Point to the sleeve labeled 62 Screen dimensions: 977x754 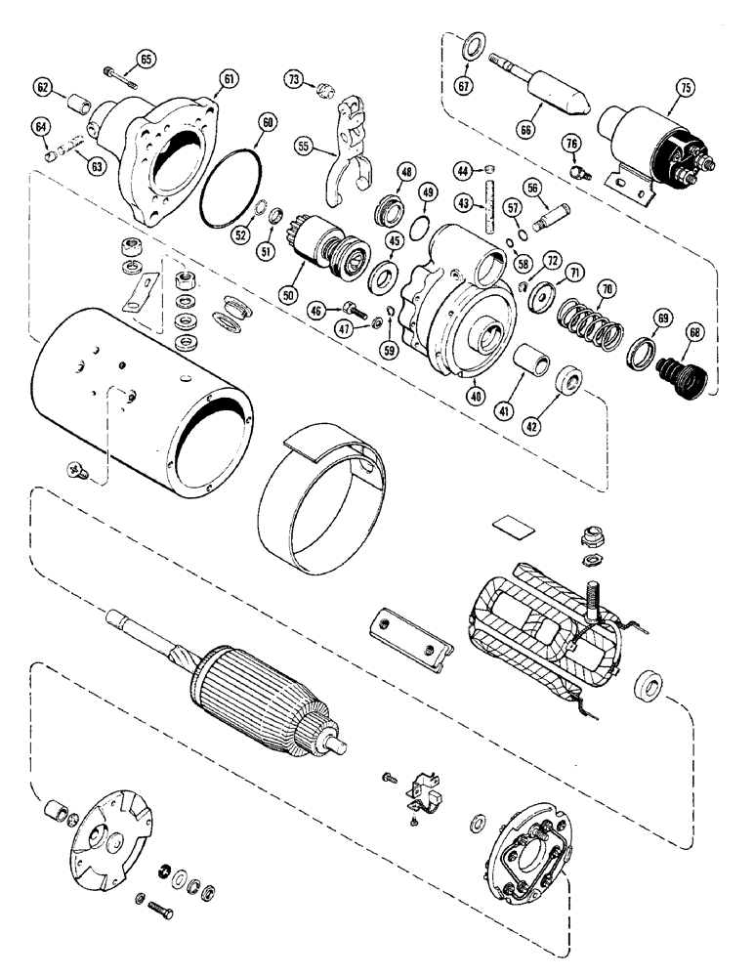(79, 103)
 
